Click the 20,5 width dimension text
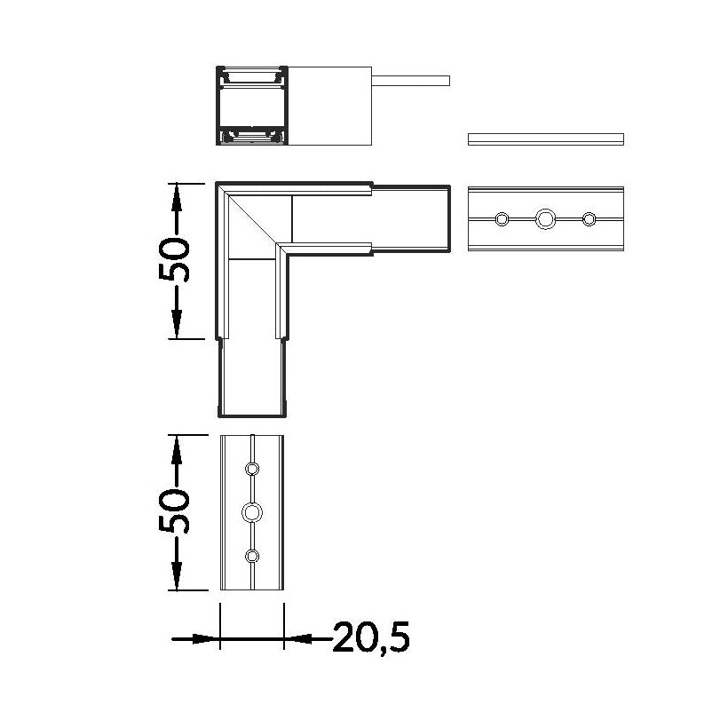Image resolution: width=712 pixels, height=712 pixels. [x=371, y=637]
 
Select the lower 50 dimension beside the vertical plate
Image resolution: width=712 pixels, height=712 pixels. [x=174, y=510]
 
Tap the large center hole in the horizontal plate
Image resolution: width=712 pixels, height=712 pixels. [x=545, y=219]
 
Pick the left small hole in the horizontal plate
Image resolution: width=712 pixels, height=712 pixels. [x=502, y=219]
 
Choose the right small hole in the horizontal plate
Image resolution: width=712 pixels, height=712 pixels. [x=589, y=219]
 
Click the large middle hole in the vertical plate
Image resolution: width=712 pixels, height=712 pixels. [x=252, y=512]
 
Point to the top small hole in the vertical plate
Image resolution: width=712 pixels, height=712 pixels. [x=252, y=469]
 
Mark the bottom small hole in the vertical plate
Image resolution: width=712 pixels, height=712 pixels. [x=252, y=556]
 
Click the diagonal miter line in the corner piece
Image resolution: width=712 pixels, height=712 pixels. [x=252, y=220]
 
